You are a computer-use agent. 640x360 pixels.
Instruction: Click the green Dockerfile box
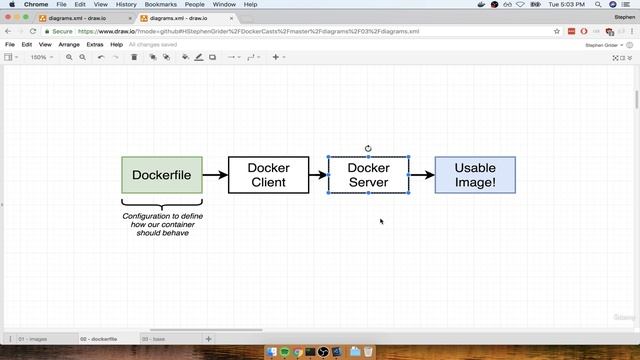(161, 175)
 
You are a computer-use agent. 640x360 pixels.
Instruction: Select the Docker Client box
(267, 175)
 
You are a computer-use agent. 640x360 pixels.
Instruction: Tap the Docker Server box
(368, 175)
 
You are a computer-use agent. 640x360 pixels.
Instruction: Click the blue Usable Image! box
(475, 175)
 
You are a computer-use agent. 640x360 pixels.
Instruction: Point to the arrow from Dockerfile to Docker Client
(215, 175)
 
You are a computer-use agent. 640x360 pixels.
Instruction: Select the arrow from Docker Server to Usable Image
(422, 175)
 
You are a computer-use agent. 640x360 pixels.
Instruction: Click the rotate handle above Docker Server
(368, 148)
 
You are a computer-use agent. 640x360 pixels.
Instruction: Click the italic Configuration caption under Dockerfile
(162, 225)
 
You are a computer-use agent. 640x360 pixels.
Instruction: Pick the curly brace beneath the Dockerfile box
(162, 205)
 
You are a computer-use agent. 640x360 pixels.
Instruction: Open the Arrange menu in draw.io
(69, 44)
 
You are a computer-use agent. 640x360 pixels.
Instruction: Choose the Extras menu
(95, 44)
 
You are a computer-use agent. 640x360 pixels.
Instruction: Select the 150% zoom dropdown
(40, 57)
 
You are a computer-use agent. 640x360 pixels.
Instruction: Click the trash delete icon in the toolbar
(134, 57)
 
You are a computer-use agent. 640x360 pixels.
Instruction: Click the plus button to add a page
(208, 339)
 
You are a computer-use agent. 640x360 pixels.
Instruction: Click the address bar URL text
(250, 31)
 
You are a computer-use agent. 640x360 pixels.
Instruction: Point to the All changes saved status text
(154, 44)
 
